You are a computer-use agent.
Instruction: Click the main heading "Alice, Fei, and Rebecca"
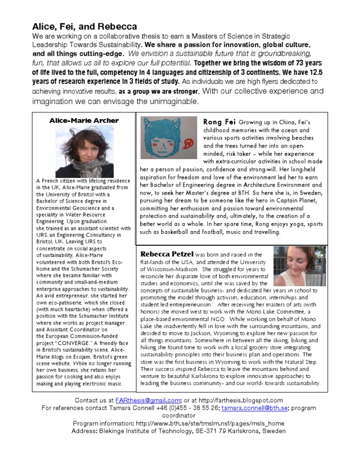click(84, 26)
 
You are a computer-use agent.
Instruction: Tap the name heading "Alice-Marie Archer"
click(84, 121)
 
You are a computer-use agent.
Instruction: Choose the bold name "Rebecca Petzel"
click(167, 254)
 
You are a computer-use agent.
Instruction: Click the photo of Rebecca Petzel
click(299, 266)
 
